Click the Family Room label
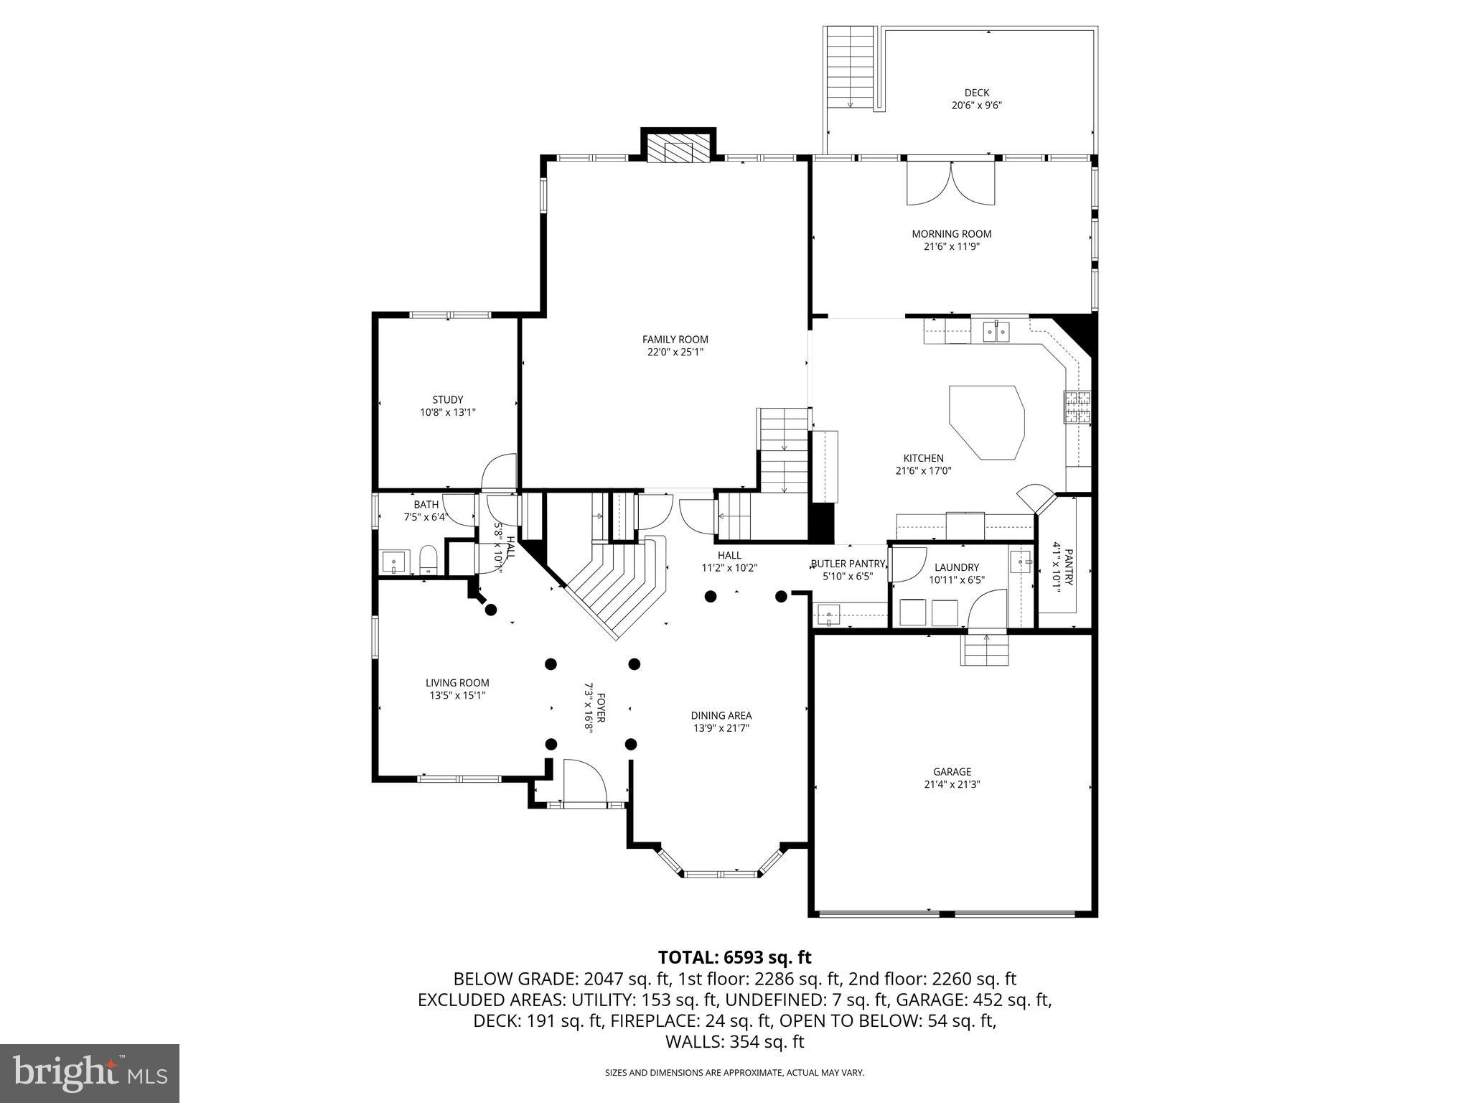pos(675,340)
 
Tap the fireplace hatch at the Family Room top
pos(678,149)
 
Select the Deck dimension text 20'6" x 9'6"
pos(976,105)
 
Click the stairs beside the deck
pos(851,68)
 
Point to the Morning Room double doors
pos(951,184)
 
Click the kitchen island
pos(986,422)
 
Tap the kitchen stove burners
pos(1077,407)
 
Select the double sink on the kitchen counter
pos(996,331)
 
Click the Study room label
pos(447,400)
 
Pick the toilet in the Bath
pos(428,559)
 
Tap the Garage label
pos(952,772)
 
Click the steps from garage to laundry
pos(986,651)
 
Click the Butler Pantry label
pos(847,564)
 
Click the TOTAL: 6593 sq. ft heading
pos(734,957)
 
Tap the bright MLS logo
pos(90,1072)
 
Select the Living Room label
pos(457,683)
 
